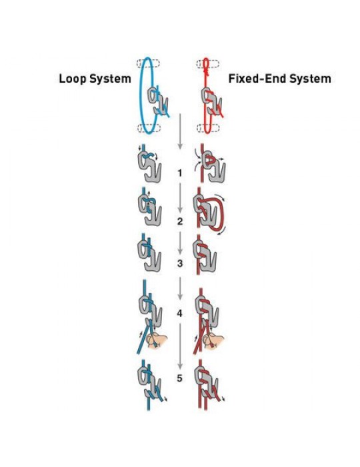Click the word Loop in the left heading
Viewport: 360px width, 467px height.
73,79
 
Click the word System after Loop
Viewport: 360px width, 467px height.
110,79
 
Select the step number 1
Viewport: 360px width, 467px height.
179,173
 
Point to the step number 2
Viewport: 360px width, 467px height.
179,221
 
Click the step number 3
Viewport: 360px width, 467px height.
179,264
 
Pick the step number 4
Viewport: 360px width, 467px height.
179,314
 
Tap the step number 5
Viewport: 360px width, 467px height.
179,378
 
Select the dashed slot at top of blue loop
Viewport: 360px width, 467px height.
148,63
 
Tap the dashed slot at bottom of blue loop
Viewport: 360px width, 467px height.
149,128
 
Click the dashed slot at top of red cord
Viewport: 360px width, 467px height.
208,64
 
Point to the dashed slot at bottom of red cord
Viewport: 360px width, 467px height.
208,128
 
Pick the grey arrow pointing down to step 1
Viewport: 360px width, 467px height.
180,131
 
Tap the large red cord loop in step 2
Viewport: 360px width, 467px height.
222,213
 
